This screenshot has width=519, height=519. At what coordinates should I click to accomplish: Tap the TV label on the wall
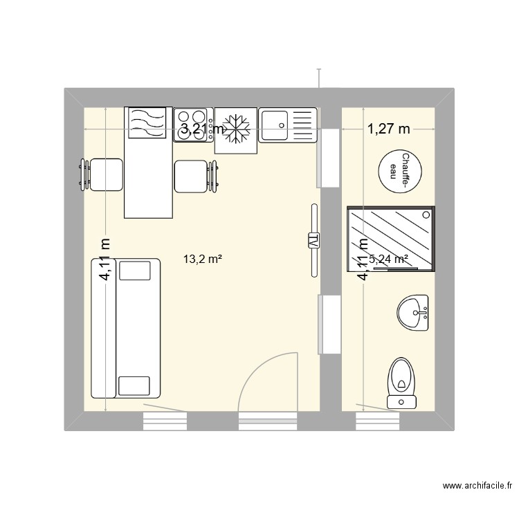click(313, 241)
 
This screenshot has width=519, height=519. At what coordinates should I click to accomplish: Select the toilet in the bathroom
click(401, 380)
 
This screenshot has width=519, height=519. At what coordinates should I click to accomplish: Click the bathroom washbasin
click(415, 313)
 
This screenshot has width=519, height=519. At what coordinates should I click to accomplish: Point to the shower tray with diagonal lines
click(390, 238)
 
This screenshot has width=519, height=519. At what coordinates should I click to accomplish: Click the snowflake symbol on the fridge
click(236, 129)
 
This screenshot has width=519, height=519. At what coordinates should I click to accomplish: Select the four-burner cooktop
click(193, 125)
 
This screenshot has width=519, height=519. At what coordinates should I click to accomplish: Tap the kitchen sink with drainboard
click(287, 125)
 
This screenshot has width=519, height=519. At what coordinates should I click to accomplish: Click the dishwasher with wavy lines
click(147, 123)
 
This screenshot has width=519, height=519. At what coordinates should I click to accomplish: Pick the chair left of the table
click(104, 174)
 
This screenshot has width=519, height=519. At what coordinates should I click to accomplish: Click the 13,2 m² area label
click(202, 260)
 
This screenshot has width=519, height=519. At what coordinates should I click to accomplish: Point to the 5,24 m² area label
click(389, 259)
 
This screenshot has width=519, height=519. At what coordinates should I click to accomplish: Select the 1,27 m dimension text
click(388, 129)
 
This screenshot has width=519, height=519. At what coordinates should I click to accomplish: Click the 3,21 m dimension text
click(202, 129)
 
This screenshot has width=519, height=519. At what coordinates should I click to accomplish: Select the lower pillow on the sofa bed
click(134, 385)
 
